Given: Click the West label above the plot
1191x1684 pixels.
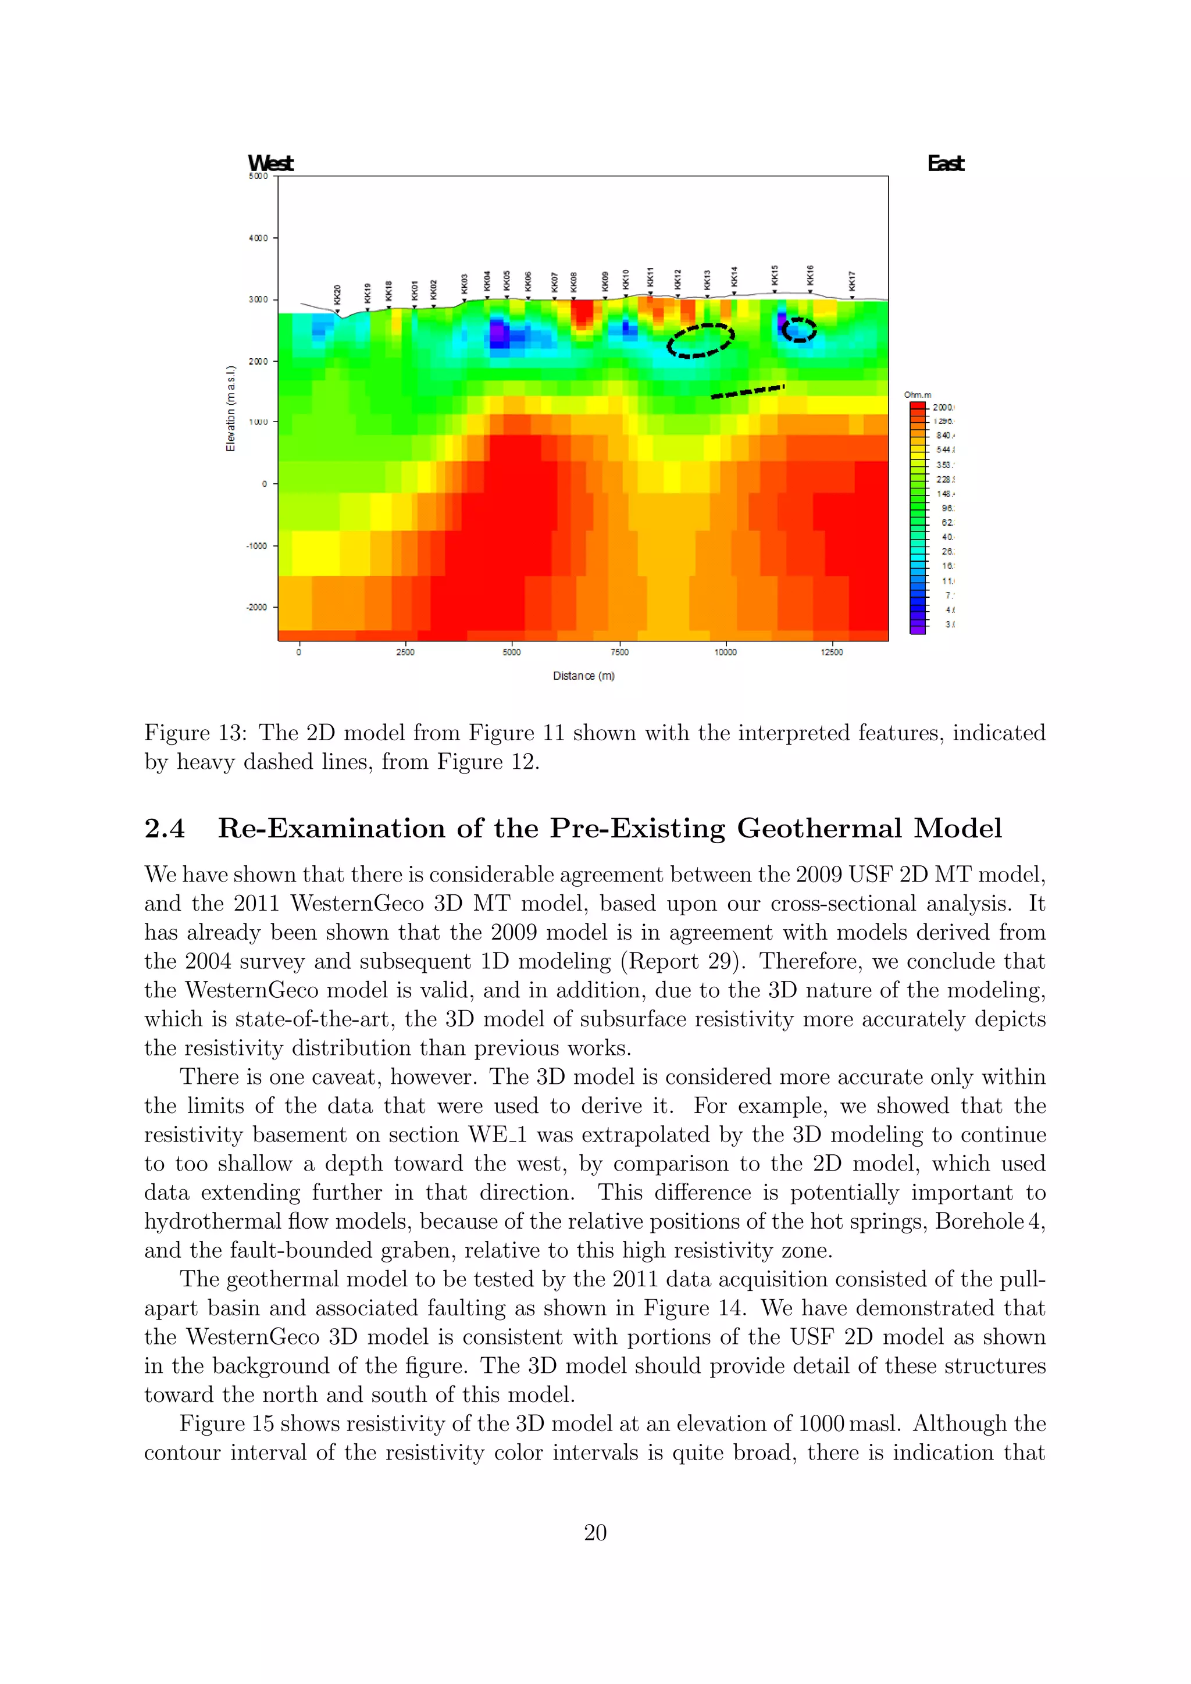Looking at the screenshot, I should (x=270, y=163).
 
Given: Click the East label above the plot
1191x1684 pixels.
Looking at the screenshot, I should (x=946, y=163).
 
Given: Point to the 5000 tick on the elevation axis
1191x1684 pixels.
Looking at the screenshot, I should (x=258, y=176).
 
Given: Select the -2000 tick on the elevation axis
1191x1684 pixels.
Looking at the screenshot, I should (x=256, y=607).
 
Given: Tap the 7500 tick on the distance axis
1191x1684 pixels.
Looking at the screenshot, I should (x=619, y=652).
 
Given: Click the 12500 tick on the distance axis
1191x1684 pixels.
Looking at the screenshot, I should (x=832, y=652).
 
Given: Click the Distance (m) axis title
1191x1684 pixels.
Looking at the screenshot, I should (x=584, y=676).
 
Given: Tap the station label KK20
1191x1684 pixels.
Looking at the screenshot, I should (x=337, y=295).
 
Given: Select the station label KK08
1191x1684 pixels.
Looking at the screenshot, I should (x=573, y=281).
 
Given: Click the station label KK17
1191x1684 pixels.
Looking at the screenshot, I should (x=851, y=281).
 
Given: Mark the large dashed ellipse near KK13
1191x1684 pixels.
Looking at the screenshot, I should (x=700, y=340).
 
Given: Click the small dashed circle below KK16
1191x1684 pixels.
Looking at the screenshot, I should (x=798, y=330).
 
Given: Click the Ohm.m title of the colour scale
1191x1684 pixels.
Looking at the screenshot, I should (x=918, y=395).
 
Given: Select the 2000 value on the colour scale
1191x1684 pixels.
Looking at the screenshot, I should (x=942, y=407).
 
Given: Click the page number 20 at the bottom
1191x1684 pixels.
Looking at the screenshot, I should (x=595, y=1532).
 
